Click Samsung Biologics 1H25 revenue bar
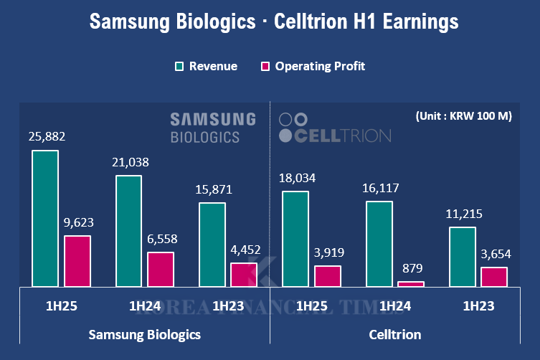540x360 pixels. [45, 219]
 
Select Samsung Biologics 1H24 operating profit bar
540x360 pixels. [161, 270]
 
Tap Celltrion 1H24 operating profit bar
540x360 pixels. [411, 284]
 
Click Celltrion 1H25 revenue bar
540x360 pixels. [295, 239]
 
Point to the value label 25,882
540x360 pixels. [45, 137]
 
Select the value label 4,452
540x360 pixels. [244, 250]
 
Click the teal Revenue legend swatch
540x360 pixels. [179, 67]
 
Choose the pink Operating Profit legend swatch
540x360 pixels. [264, 67]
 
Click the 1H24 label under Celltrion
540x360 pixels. [394, 307]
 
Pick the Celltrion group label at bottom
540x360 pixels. [395, 334]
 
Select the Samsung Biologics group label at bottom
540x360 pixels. [144, 334]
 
